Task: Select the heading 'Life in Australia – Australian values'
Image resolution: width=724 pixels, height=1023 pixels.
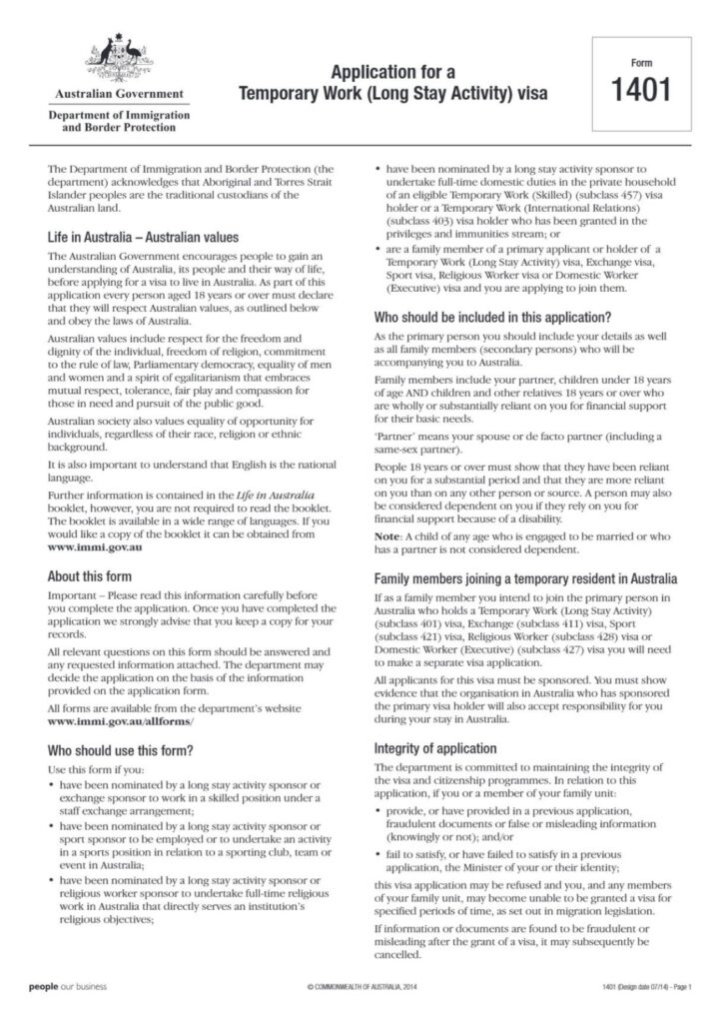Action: coord(143,238)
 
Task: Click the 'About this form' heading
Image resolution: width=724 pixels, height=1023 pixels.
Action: coord(92,575)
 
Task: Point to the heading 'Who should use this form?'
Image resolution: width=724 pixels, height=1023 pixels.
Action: coord(120,749)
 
